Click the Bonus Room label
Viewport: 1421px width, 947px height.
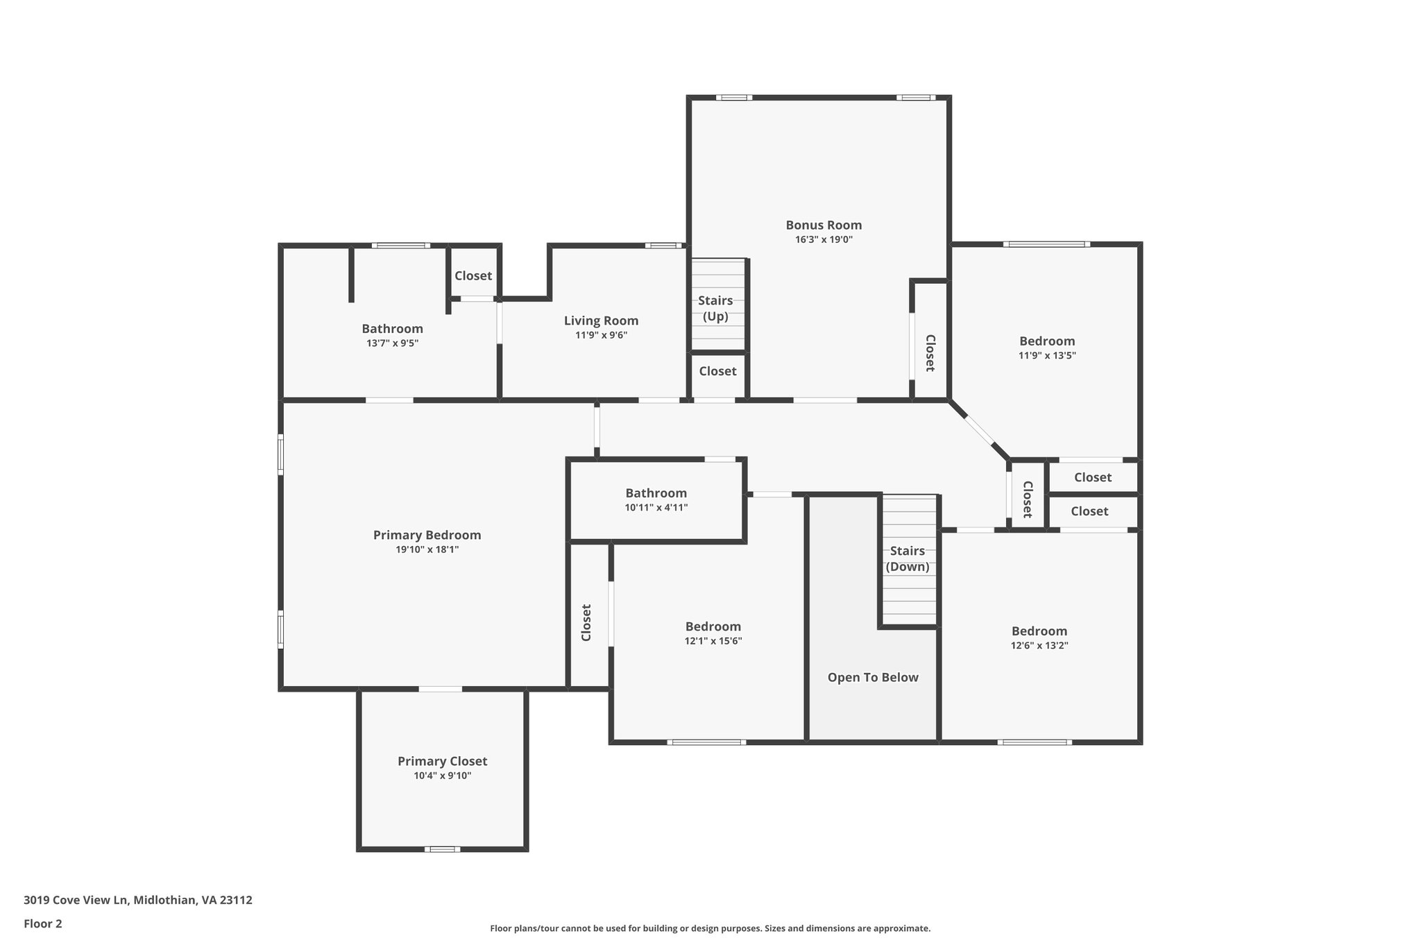[824, 225]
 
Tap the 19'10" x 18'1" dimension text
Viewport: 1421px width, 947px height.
[427, 549]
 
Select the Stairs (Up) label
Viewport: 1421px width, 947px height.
[715, 308]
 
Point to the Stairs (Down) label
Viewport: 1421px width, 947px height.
[908, 558]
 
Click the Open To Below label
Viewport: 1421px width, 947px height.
[873, 677]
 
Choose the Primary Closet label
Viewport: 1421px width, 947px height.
[442, 761]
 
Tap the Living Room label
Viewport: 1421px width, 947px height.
[601, 321]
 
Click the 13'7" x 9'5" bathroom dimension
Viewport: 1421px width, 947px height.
[392, 343]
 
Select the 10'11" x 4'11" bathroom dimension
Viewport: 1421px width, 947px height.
[656, 507]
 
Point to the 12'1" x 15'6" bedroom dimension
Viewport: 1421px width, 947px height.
[713, 641]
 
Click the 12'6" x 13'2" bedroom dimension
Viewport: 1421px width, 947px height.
[1039, 645]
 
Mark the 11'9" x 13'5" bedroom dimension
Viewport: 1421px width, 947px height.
[1047, 355]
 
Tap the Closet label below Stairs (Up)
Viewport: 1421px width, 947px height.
[717, 371]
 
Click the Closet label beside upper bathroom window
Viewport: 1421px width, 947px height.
[473, 275]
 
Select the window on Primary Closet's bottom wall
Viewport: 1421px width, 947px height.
[442, 848]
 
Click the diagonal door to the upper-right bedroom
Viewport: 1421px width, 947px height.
[979, 429]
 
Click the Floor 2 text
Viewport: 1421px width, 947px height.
[43, 923]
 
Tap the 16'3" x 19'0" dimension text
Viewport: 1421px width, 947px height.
[824, 240]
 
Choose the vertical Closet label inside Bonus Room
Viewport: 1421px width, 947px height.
[930, 352]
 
